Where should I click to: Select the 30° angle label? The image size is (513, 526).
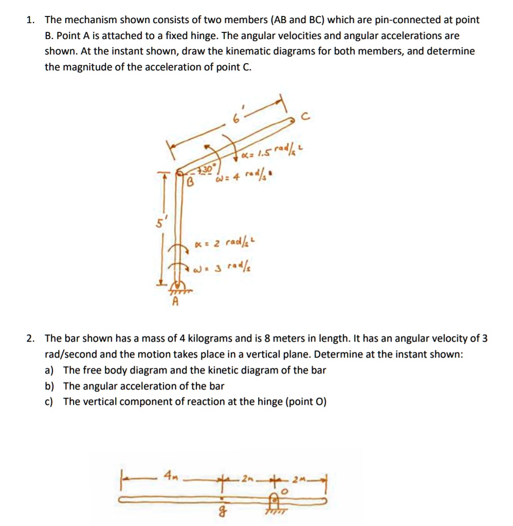(x=206, y=170)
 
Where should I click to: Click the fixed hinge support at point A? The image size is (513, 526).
(x=176, y=287)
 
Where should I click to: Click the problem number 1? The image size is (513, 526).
(x=30, y=20)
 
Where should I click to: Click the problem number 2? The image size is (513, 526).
(x=30, y=339)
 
